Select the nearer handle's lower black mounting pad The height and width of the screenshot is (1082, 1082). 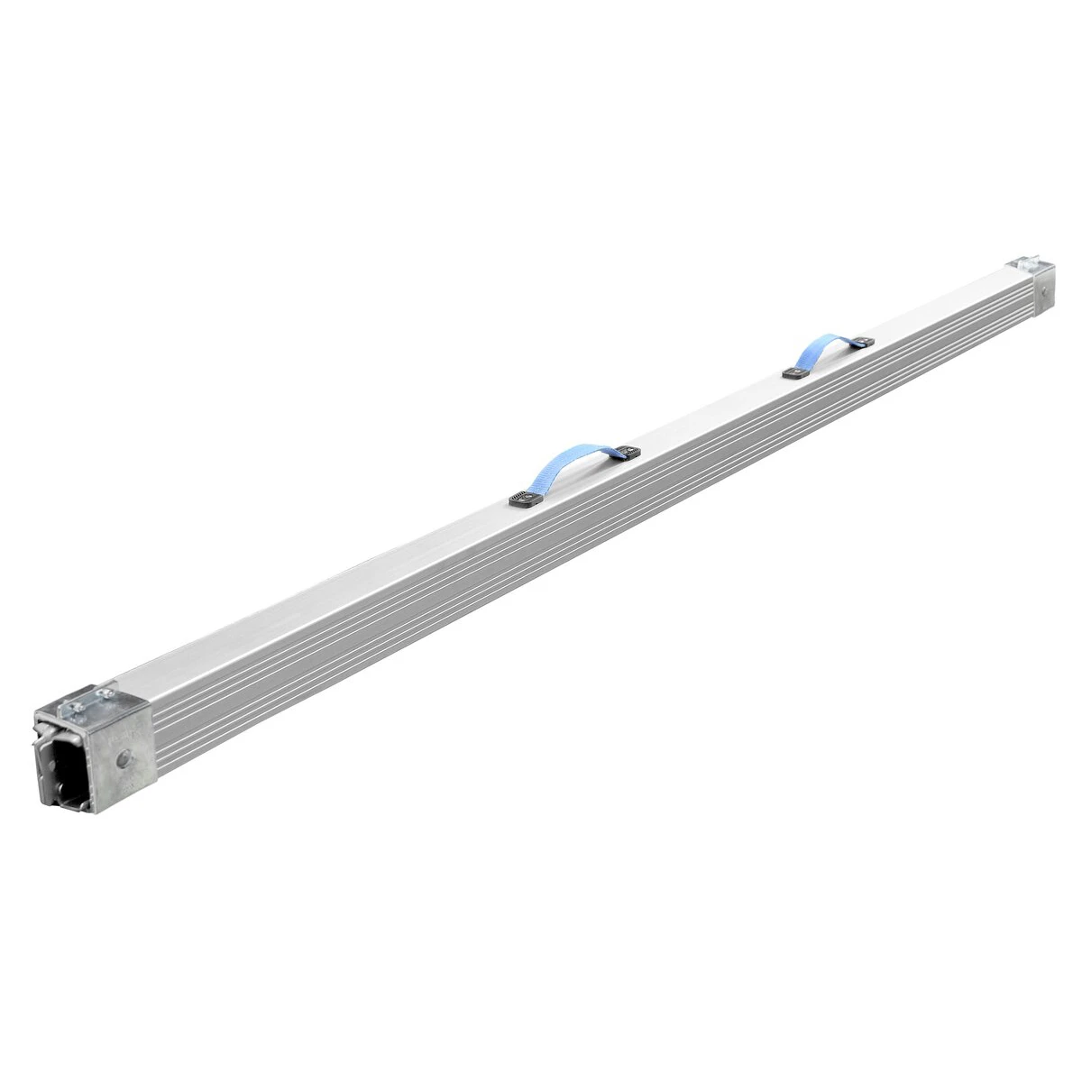pos(522,497)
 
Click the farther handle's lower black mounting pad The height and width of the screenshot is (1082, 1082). pos(793,373)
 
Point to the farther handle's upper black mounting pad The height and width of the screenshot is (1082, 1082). pos(864,341)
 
